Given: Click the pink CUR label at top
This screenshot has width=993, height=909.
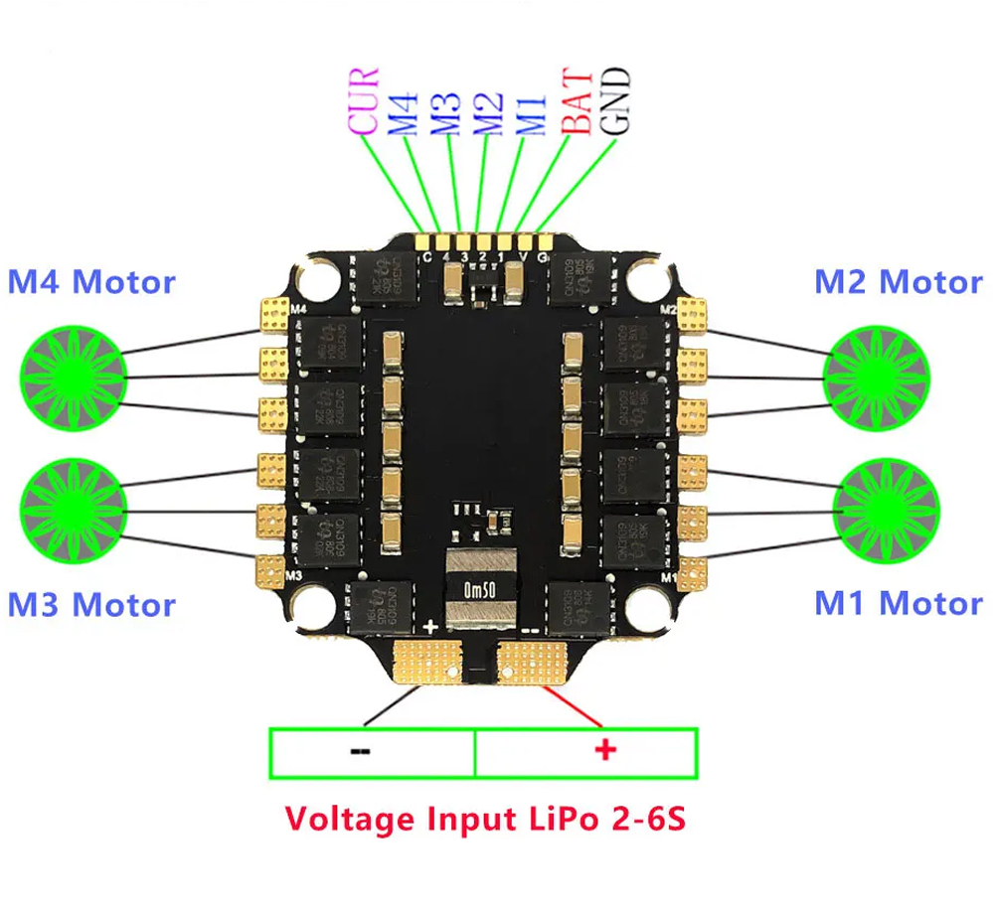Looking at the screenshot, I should pyautogui.click(x=364, y=100).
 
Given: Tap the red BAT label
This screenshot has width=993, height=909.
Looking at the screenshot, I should pyautogui.click(x=576, y=100).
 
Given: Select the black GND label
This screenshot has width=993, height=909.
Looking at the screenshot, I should pyautogui.click(x=616, y=100).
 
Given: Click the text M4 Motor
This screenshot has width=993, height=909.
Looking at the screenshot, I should pyautogui.click(x=91, y=282).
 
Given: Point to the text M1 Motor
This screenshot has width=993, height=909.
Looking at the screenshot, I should pyautogui.click(x=899, y=603).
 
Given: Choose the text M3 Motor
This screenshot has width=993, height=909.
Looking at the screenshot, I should pyautogui.click(x=91, y=605).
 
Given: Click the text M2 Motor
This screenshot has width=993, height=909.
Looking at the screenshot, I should pyautogui.click(x=899, y=282).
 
